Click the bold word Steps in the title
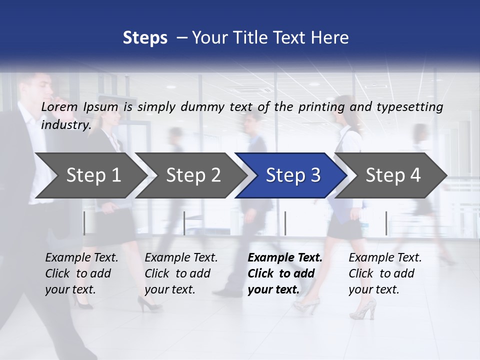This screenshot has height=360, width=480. pos(145,38)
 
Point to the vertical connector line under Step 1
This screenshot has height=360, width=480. pos(84,223)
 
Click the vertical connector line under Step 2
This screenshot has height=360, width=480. pos(185,223)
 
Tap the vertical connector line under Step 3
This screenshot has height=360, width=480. pos(285,223)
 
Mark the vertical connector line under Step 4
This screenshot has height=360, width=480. pos(386,223)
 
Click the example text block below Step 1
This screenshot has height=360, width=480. pos(81,273)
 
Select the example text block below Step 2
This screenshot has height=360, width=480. pos(181,273)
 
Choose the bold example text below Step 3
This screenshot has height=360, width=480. pos(285,273)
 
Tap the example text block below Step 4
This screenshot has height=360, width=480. pos(385,273)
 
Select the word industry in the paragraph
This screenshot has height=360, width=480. pos(65,125)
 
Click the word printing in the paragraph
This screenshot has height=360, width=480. pos(322,107)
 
